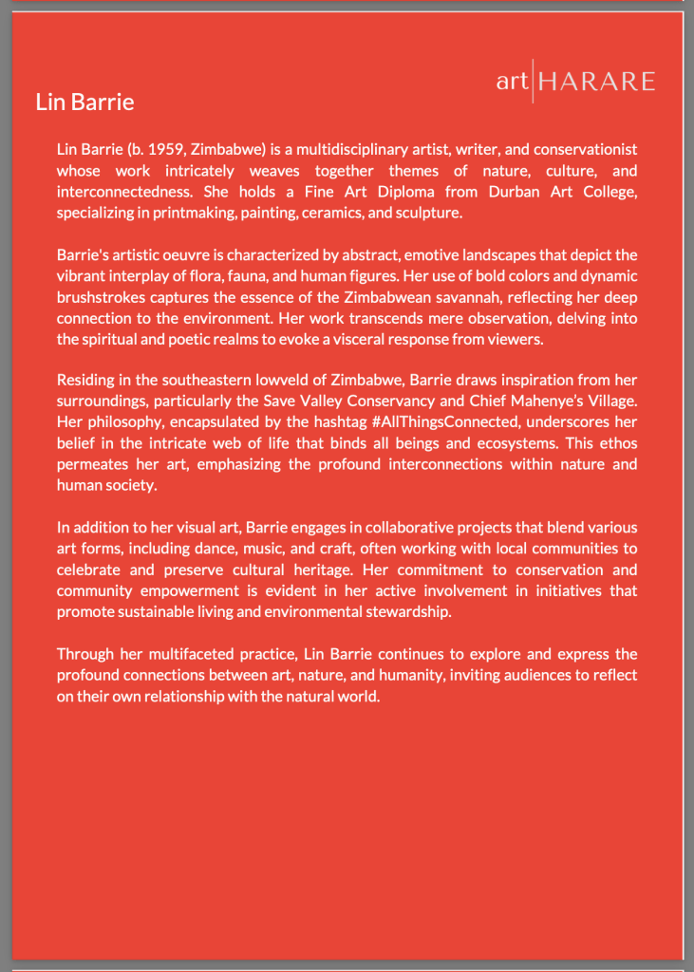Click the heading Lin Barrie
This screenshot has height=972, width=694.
point(84,102)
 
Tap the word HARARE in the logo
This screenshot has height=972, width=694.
point(596,82)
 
